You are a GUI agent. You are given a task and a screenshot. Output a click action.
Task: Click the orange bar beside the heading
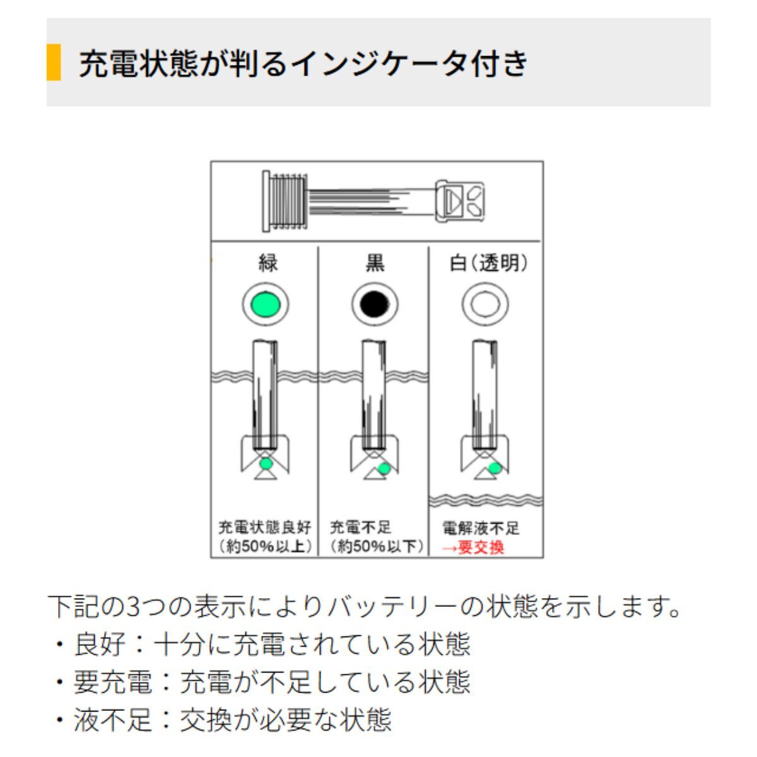(x=54, y=62)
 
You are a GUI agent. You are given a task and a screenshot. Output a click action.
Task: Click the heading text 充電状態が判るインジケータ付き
(x=303, y=63)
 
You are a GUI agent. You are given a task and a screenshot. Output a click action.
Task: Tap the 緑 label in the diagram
(x=268, y=263)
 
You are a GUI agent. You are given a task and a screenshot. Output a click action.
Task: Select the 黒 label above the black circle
(x=375, y=263)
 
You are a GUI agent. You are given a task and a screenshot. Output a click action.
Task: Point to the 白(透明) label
(x=488, y=263)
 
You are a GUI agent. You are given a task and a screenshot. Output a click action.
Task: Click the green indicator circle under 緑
(x=266, y=305)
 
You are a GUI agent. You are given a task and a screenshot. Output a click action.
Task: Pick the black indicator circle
(x=374, y=305)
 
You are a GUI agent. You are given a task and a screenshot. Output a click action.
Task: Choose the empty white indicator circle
(x=484, y=305)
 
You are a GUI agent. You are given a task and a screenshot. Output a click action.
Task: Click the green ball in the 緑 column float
(x=266, y=464)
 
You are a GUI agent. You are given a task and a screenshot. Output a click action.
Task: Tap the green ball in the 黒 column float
(x=384, y=468)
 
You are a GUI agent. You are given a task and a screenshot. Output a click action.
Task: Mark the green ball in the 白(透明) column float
(x=495, y=468)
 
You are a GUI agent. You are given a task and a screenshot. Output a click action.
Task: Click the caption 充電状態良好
(x=265, y=527)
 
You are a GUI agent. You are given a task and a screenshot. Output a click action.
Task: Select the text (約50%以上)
(x=265, y=546)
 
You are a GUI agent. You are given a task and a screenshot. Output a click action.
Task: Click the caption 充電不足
(x=361, y=527)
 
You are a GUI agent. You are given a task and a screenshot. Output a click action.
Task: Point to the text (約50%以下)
(x=377, y=546)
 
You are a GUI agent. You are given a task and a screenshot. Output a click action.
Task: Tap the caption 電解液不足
(x=481, y=529)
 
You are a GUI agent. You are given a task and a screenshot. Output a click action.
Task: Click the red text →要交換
(x=472, y=548)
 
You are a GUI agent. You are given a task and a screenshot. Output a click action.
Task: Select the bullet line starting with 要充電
(x=262, y=681)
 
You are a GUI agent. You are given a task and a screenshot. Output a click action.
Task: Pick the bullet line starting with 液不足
(x=223, y=719)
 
